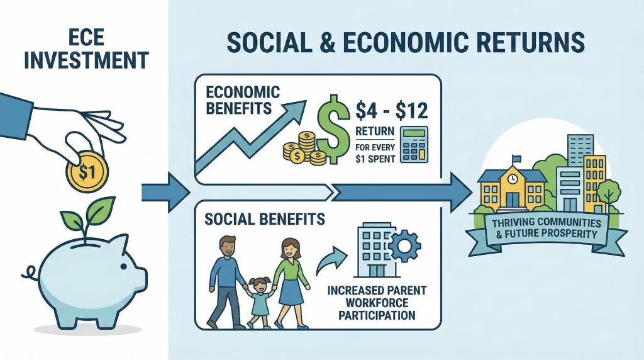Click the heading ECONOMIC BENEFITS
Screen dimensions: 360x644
pyautogui.click(x=243, y=99)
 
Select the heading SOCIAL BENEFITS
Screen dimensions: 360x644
pyautogui.click(x=265, y=219)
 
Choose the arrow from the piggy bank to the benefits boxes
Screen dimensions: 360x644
pyautogui.click(x=165, y=190)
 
